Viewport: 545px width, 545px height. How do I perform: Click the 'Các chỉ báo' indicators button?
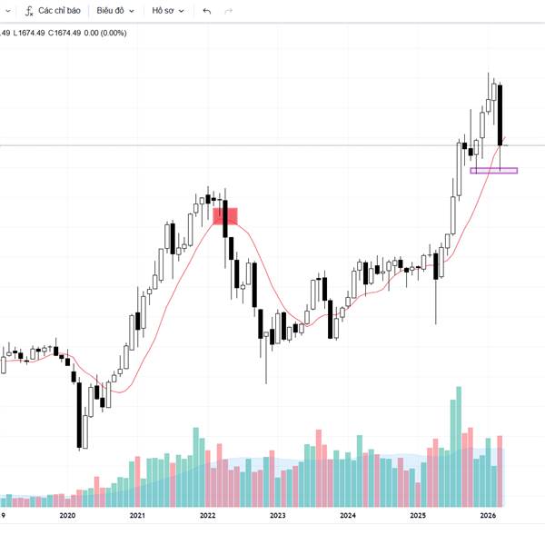tap(58, 11)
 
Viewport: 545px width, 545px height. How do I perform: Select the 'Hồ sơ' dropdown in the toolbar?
tap(167, 11)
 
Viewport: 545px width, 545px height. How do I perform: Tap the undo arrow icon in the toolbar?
tap(207, 11)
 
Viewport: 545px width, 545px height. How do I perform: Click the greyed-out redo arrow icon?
tap(228, 11)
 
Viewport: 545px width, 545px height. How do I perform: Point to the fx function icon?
tap(29, 11)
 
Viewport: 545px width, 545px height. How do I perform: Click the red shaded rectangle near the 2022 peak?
tap(224, 215)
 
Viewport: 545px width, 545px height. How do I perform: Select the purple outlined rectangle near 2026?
tap(493, 170)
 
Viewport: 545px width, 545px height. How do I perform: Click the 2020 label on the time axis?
tap(66, 515)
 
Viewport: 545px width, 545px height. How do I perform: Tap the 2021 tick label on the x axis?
tap(137, 515)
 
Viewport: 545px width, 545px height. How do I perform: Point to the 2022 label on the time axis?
tap(207, 515)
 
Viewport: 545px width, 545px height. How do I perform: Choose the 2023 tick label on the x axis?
tap(277, 515)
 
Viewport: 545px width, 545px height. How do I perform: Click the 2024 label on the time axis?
tap(347, 515)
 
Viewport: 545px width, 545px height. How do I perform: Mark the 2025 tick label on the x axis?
tap(417, 515)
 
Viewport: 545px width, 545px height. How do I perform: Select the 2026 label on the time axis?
tap(487, 515)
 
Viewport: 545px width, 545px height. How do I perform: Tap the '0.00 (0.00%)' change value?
tap(107, 33)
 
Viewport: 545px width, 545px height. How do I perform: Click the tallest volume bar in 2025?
tap(458, 445)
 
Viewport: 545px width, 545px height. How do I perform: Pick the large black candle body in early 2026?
tap(500, 114)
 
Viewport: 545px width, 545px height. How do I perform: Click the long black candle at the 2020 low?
tap(80, 413)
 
